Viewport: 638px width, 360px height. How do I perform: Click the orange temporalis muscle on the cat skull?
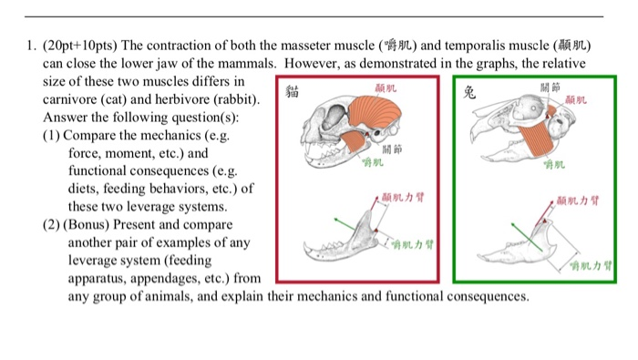click(x=368, y=114)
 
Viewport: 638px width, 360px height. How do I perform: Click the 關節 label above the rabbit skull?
click(x=550, y=87)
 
